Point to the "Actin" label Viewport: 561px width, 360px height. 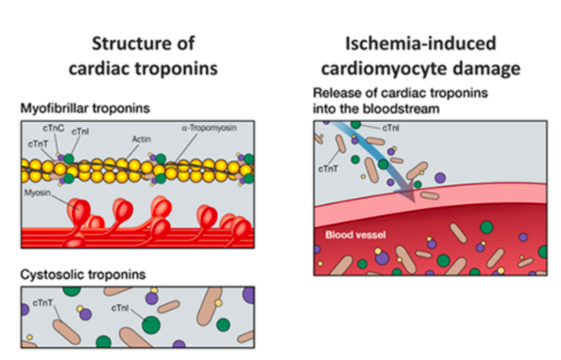(141, 138)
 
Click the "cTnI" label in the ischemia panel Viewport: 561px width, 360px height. (390, 126)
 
